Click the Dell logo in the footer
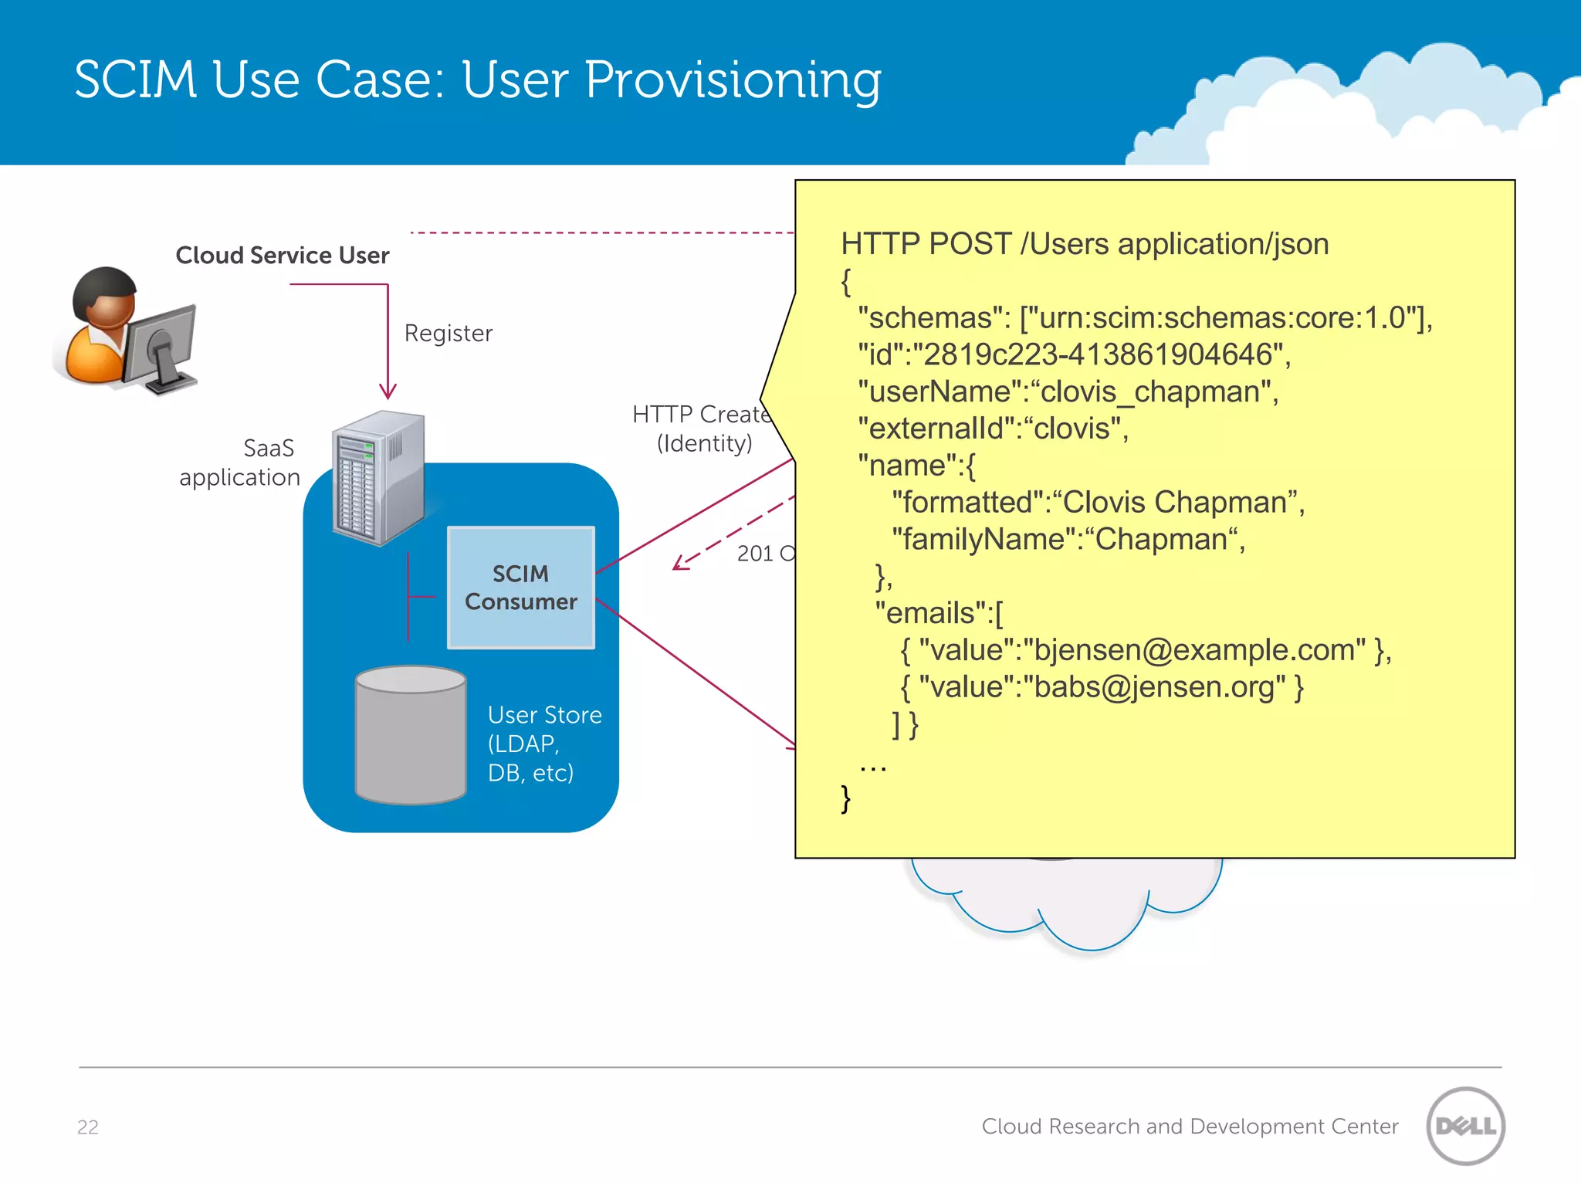(1465, 1126)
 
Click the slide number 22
(88, 1127)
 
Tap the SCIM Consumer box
(521, 588)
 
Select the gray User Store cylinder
(411, 737)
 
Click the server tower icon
(378, 479)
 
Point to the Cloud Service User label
(283, 256)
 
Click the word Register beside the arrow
(449, 334)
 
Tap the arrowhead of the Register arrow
(388, 391)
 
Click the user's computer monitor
(160, 343)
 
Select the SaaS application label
(239, 463)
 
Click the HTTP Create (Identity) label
(702, 429)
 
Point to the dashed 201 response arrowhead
(679, 564)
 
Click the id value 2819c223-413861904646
(1096, 354)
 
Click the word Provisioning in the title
(733, 81)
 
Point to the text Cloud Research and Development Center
(1190, 1127)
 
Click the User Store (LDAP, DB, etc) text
(543, 744)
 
